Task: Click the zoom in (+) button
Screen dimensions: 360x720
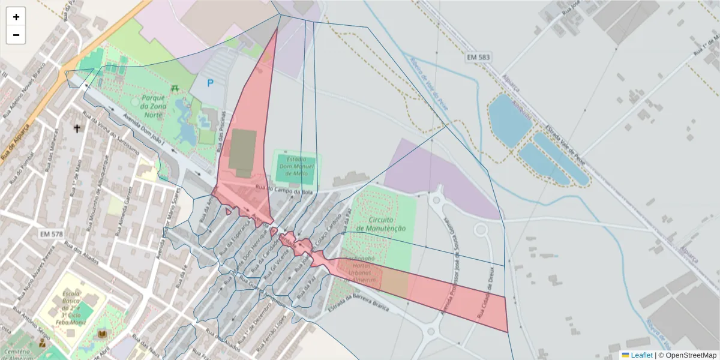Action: (x=16, y=17)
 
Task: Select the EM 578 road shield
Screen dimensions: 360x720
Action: (x=52, y=233)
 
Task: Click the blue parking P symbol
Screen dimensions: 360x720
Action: (x=210, y=83)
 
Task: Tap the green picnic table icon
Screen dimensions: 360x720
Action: (x=175, y=88)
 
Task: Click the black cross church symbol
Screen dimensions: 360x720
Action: (x=77, y=128)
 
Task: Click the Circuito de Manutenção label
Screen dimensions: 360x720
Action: (x=381, y=224)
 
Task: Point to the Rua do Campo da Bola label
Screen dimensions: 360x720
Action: (x=284, y=191)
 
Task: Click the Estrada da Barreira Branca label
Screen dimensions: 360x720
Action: (x=359, y=303)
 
